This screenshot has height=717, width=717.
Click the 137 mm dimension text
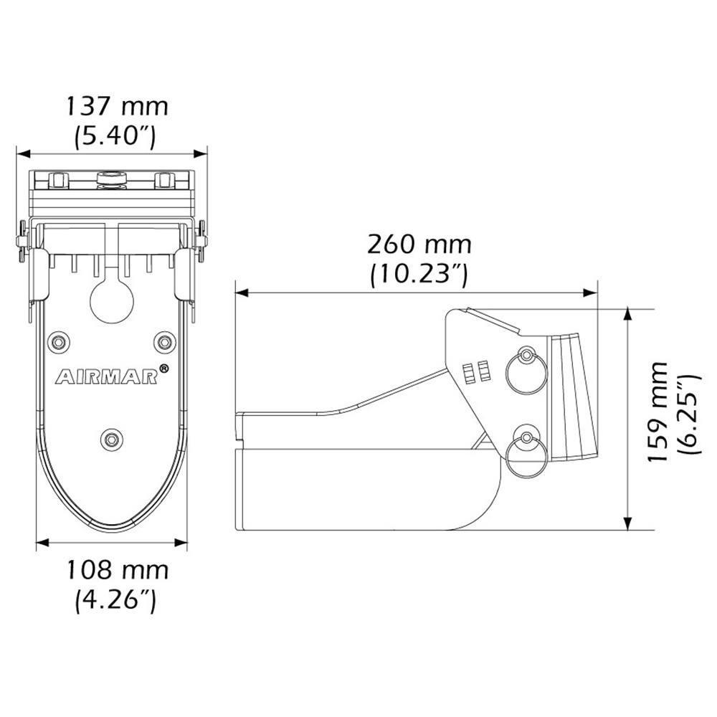point(117,107)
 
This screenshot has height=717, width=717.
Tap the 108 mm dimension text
point(117,571)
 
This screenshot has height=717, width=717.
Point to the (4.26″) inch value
point(115,599)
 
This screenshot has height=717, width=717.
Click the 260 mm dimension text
point(419,244)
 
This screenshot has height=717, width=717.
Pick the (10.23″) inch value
point(419,274)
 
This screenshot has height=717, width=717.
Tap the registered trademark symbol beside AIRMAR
point(163,369)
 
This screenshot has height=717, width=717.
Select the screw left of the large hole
point(57,341)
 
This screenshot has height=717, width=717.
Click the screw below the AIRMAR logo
point(111,437)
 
